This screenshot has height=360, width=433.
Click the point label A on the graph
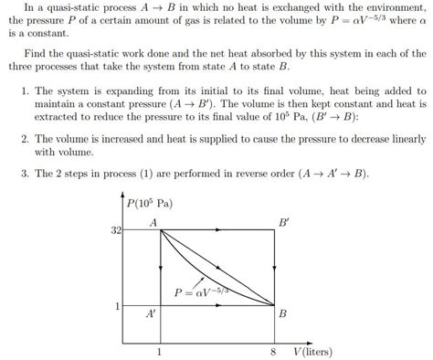(x=151, y=222)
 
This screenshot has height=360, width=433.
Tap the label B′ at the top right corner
(x=285, y=221)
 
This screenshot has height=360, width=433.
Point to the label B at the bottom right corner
(x=283, y=313)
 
